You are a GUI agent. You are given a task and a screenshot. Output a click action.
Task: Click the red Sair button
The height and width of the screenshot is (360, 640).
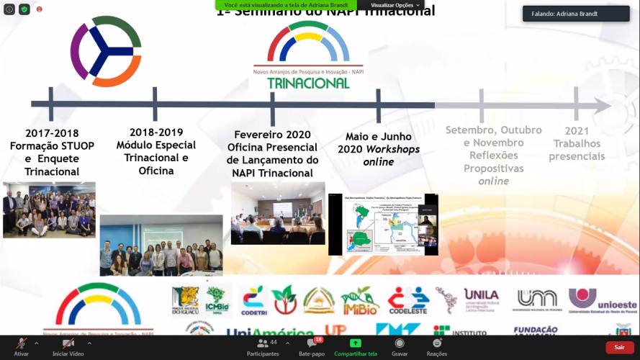(x=619, y=347)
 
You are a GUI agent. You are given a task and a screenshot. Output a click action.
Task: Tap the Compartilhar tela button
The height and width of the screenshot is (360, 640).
(x=355, y=347)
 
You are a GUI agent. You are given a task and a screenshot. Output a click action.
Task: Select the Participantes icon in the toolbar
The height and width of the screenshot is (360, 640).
(x=263, y=347)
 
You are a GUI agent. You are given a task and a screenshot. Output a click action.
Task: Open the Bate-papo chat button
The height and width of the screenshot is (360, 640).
(x=312, y=347)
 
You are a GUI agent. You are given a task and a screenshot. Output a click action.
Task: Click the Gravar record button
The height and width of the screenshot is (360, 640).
(x=400, y=347)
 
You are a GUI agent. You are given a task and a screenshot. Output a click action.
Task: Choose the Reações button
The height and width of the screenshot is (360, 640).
(x=436, y=347)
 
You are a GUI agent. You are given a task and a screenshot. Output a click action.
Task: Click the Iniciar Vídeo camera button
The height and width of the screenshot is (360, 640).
(x=68, y=347)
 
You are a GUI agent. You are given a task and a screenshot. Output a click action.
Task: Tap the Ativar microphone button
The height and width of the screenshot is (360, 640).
(x=22, y=347)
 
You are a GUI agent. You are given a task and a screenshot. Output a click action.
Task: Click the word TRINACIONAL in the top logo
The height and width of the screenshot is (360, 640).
(x=308, y=83)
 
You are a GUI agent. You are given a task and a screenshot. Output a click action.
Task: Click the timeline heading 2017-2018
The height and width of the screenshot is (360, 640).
(x=52, y=133)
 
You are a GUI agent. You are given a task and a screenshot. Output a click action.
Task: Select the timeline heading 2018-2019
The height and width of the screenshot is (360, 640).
(x=156, y=132)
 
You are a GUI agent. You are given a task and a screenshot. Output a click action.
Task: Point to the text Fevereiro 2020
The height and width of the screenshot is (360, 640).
(x=272, y=135)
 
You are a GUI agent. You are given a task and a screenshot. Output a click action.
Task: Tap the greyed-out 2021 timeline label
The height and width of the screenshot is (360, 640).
(x=577, y=131)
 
